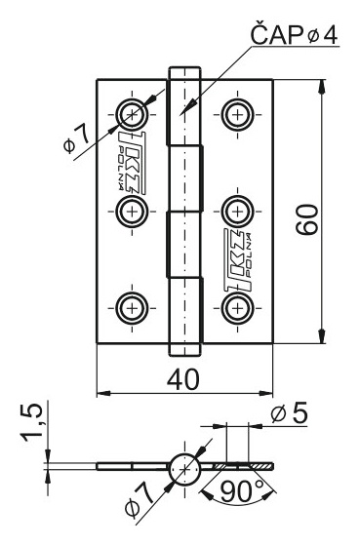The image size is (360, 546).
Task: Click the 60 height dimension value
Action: pyautogui.click(x=307, y=219)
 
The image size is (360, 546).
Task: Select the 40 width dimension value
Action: pyautogui.click(x=183, y=379)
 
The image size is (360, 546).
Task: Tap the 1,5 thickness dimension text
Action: pyautogui.click(x=33, y=423)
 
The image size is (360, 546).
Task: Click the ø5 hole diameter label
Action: pyautogui.click(x=290, y=412)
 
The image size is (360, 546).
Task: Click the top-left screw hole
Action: pyautogui.click(x=132, y=114)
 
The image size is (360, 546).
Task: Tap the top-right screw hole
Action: pyautogui.click(x=238, y=114)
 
